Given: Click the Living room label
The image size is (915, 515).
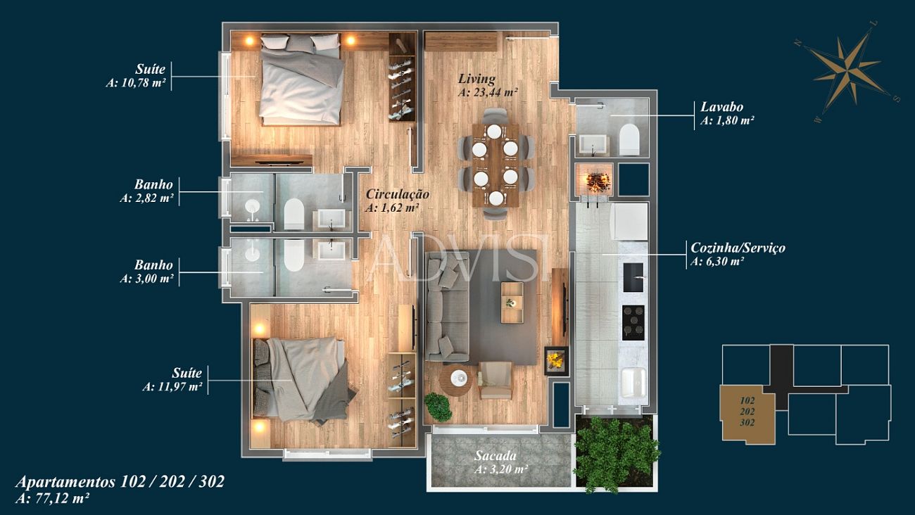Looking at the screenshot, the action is tap(477, 79).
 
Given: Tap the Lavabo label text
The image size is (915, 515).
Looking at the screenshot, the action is tap(721, 107).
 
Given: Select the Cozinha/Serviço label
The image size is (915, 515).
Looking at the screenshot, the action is tap(738, 248).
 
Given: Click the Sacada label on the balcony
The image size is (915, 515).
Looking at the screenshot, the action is tap(495, 456).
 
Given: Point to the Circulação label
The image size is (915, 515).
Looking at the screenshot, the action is tap(398, 194).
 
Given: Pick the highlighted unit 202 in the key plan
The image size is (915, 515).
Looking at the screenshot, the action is tap(747, 412).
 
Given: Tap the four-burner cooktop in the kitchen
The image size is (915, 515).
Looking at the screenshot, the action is tap(633, 323).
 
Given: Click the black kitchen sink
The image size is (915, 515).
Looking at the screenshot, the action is tap(633, 277).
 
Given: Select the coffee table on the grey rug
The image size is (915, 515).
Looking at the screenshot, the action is tap(512, 303).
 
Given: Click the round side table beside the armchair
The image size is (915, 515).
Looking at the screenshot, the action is tap(458, 380).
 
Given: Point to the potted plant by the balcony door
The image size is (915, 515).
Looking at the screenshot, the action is tap(438, 407).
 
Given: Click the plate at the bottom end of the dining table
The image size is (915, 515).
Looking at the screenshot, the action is tap(496, 198).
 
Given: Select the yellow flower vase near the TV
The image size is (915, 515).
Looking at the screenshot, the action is tap(556, 361).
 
